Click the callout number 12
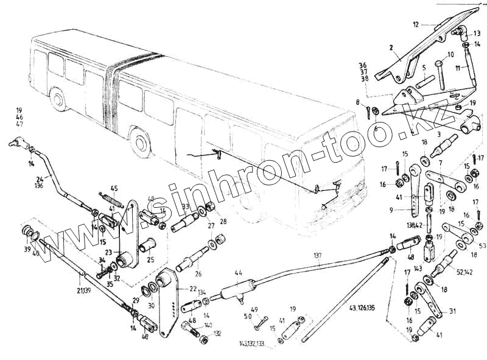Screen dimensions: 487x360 tap(416, 25)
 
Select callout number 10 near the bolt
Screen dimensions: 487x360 tap(450, 54)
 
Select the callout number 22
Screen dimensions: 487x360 tap(192, 289)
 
